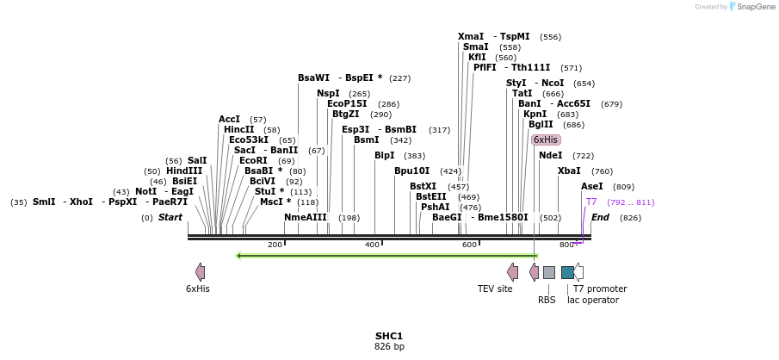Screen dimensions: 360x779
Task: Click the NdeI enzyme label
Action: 550,156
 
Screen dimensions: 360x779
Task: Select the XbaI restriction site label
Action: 569,171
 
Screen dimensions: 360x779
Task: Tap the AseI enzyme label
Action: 592,187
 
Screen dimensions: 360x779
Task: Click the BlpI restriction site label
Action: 384,156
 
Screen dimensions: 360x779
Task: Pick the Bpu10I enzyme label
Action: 411,171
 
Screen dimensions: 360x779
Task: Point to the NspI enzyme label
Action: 328,94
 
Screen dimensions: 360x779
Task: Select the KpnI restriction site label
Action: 535,115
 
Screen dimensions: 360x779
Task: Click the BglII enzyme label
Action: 541,125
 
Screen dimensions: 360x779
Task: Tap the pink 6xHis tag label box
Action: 546,140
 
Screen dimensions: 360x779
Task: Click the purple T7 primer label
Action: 591,202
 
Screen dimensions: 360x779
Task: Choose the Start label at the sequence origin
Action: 170,218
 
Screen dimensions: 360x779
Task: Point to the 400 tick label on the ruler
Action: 372,245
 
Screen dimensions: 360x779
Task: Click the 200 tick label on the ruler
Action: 275,245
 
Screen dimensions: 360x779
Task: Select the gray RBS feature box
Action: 548,272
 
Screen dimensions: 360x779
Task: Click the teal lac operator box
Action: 567,272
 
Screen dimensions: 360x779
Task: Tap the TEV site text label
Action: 495,289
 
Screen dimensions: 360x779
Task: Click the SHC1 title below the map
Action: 389,336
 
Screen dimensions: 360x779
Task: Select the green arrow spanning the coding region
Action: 387,256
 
